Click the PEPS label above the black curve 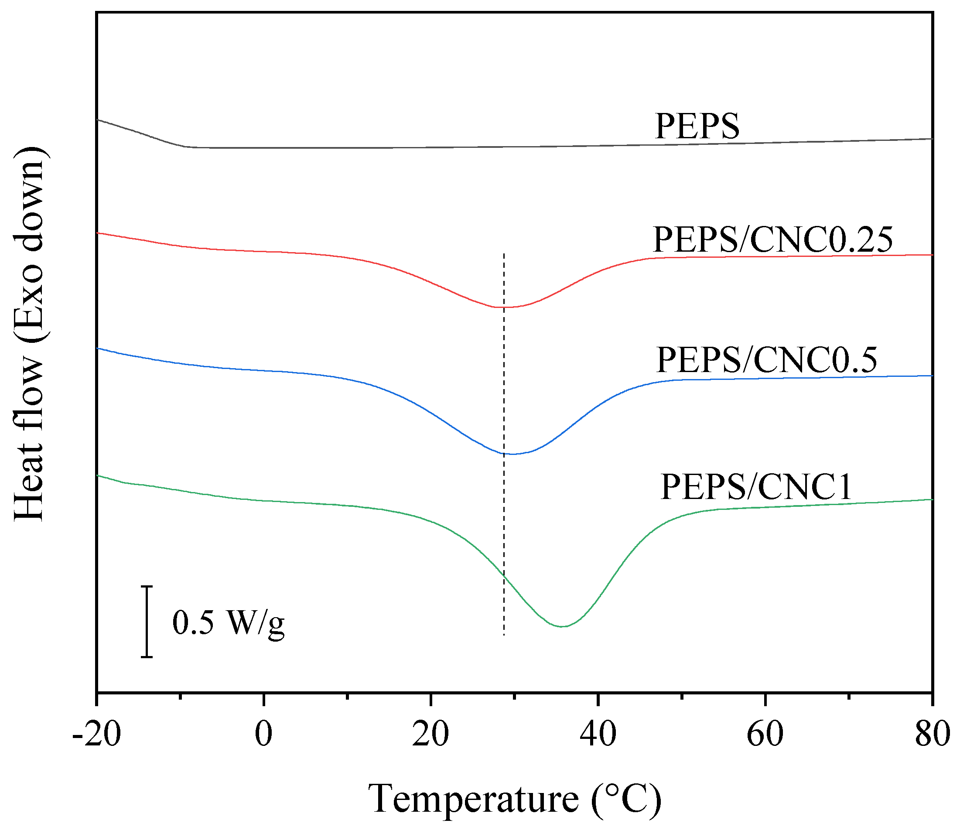[697, 126]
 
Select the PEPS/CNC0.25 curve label [772, 239]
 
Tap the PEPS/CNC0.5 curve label [766, 360]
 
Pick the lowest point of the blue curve [512, 454]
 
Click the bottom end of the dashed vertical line [504, 635]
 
